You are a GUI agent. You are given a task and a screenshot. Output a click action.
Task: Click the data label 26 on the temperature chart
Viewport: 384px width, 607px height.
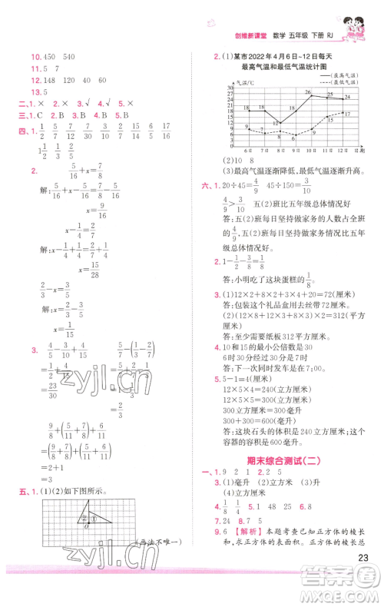307,93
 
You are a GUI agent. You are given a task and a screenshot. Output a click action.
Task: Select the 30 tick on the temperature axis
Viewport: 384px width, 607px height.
230,87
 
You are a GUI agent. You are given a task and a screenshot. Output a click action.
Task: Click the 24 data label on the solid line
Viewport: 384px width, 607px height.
347,97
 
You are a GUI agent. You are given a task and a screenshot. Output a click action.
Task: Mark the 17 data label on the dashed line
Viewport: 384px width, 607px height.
347,114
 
